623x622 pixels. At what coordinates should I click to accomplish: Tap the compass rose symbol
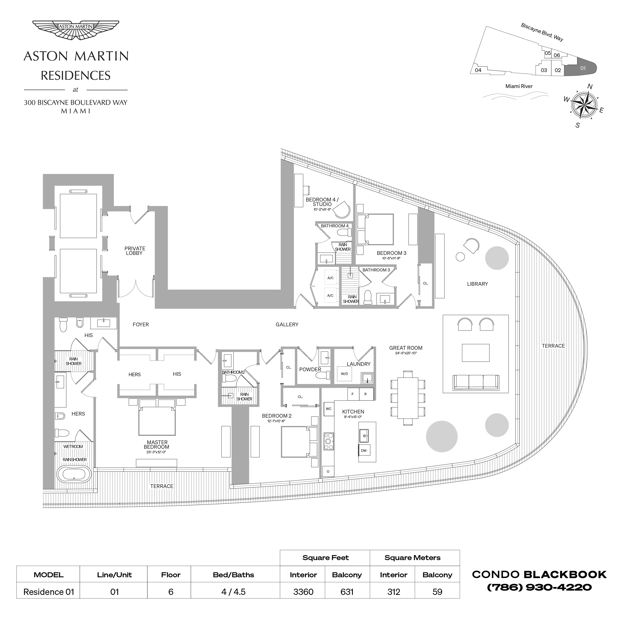pyautogui.click(x=584, y=105)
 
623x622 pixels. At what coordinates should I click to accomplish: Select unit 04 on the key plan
pyautogui.click(x=478, y=70)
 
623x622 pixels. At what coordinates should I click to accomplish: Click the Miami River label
pyautogui.click(x=519, y=86)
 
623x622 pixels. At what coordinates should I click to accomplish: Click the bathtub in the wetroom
pyautogui.click(x=74, y=475)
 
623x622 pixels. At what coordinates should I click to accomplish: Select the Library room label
pyautogui.click(x=477, y=284)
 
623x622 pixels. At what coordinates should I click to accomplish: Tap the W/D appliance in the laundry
pyautogui.click(x=344, y=374)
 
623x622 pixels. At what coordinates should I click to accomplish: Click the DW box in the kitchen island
pyautogui.click(x=364, y=451)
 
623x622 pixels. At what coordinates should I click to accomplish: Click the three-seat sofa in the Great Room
pyautogui.click(x=476, y=382)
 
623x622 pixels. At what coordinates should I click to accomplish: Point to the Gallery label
pyautogui.click(x=287, y=324)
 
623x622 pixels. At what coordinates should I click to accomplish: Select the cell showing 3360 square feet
pyautogui.click(x=303, y=592)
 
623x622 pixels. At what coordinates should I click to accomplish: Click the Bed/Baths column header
pyautogui.click(x=233, y=575)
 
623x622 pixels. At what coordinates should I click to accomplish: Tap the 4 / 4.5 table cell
pyautogui.click(x=233, y=592)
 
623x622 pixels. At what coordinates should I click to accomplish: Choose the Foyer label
pyautogui.click(x=141, y=324)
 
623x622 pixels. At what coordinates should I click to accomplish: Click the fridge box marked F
pyautogui.click(x=353, y=394)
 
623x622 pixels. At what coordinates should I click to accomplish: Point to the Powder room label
pyautogui.click(x=310, y=370)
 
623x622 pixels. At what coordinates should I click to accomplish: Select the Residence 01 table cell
pyautogui.click(x=49, y=592)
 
